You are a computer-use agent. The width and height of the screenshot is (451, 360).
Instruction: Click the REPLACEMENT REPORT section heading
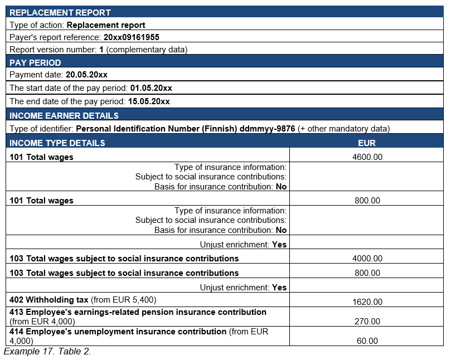60,12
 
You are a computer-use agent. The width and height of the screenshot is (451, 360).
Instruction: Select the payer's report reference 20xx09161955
132,37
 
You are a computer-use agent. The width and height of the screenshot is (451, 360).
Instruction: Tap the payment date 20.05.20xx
86,75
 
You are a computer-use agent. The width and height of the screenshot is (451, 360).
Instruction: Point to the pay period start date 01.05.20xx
151,88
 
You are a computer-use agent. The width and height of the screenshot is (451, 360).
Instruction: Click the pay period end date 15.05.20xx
149,101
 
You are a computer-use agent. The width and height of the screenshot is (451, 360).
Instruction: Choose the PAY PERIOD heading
35,62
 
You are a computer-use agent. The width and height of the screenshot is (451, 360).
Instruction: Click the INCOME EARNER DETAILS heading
64,115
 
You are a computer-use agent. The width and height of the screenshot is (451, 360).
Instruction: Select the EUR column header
367,143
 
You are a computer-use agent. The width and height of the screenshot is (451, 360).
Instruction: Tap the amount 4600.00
367,157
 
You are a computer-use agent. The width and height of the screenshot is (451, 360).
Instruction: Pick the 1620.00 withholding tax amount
367,302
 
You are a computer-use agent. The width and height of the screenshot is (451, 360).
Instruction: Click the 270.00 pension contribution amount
367,322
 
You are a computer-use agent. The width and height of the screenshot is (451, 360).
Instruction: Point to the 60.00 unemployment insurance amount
367,341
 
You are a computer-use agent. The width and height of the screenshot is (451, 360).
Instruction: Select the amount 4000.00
367,259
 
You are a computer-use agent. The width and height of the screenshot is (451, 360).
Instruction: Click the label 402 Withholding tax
49,299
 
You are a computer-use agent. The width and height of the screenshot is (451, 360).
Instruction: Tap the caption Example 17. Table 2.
47,352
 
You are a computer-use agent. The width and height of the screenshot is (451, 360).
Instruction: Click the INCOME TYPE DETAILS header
57,143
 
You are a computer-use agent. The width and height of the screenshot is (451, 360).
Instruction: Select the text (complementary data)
147,50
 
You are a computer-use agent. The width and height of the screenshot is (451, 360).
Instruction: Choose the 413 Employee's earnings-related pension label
138,312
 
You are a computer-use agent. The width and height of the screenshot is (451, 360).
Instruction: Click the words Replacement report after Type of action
106,25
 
